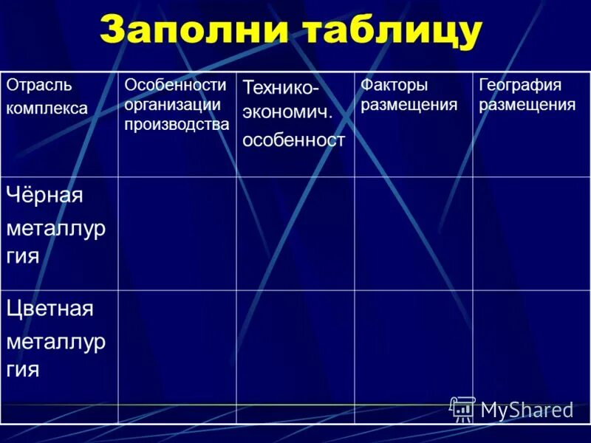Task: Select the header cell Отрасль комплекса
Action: click(x=59, y=124)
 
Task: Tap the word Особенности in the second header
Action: click(x=175, y=85)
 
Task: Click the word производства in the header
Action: click(x=177, y=124)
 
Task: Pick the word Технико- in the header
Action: click(x=281, y=88)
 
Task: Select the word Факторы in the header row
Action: click(x=394, y=85)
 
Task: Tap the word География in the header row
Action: click(x=520, y=85)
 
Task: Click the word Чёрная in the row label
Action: click(x=45, y=196)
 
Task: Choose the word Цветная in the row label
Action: click(x=50, y=308)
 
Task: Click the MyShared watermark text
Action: click(x=527, y=410)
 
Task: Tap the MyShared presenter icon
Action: click(x=462, y=408)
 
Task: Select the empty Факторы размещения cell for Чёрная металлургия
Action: click(x=414, y=233)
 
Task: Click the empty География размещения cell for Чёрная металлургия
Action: click(x=531, y=233)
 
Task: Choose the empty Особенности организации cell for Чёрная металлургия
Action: click(x=177, y=233)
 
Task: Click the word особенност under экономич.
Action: click(x=294, y=140)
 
